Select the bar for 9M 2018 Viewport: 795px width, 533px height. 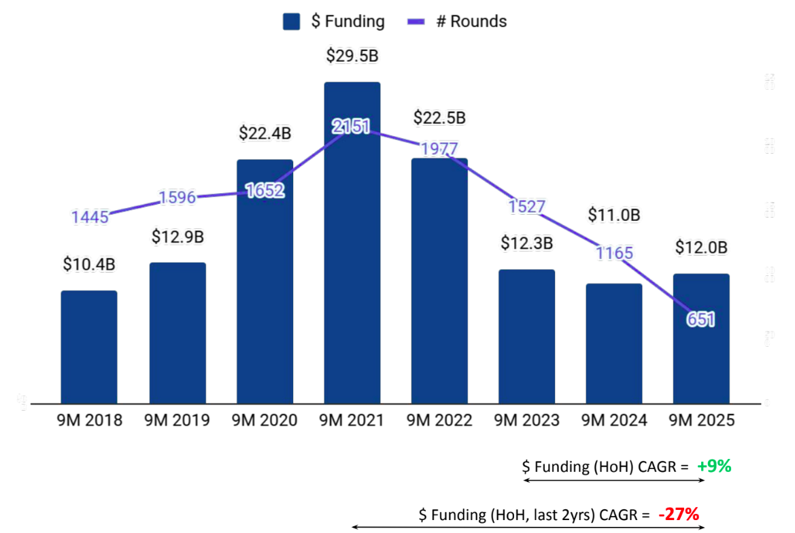[x=89, y=347]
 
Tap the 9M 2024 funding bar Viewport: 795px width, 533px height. [x=614, y=343]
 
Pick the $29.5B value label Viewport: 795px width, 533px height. [x=352, y=56]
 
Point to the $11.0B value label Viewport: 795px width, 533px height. [x=614, y=216]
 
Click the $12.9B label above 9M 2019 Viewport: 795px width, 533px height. [x=177, y=237]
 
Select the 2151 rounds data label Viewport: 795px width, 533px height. [x=352, y=126]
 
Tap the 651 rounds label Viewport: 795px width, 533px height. [x=701, y=320]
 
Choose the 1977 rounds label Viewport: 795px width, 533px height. [x=439, y=149]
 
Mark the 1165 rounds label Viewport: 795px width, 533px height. [x=615, y=254]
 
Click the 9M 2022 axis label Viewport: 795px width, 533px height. [x=439, y=421]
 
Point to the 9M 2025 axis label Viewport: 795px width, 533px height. [x=701, y=421]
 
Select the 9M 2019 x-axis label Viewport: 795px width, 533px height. [x=177, y=421]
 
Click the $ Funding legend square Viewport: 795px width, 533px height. [x=292, y=22]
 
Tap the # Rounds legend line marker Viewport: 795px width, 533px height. [x=416, y=22]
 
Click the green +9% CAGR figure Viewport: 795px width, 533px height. [x=714, y=466]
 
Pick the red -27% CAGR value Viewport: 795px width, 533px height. [x=679, y=515]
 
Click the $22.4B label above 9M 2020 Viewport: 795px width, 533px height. [x=265, y=133]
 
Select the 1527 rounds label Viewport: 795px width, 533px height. [x=527, y=207]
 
